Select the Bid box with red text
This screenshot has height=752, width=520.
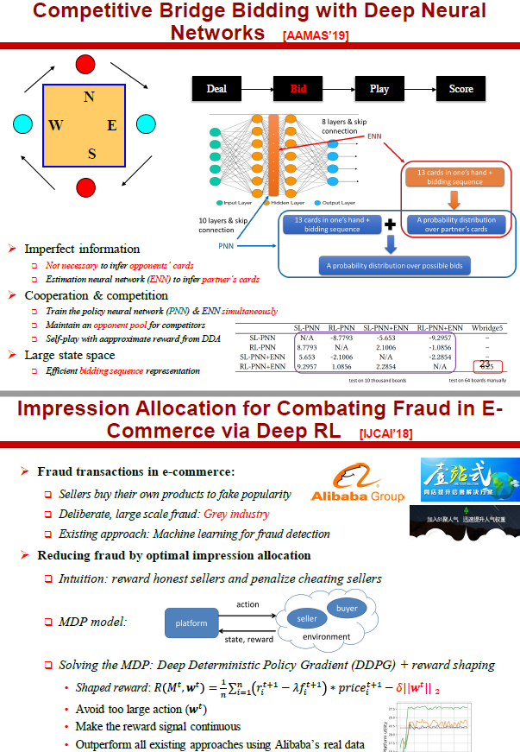point(298,88)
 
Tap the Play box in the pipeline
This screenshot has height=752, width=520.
point(379,88)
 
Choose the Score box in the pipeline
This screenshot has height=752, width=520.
point(461,88)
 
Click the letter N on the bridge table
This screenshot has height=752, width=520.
point(89,97)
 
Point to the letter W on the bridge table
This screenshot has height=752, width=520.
point(56,126)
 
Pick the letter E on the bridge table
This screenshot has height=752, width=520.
point(112,126)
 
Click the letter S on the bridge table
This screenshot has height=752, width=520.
point(91,155)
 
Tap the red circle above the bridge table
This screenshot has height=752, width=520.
point(85,64)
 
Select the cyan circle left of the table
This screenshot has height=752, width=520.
point(22,125)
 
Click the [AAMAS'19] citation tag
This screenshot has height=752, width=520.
point(316,35)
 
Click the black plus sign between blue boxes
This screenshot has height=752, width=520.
point(390,224)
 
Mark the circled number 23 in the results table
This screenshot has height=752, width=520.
point(486,364)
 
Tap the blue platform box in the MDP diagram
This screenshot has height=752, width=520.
point(191,622)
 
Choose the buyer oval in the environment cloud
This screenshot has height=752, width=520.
point(347,608)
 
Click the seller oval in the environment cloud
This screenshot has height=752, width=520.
point(307,619)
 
